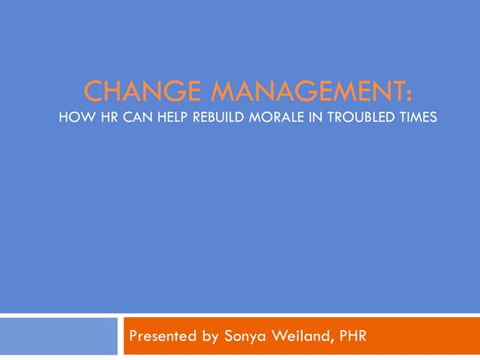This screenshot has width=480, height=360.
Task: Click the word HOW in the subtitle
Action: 73,118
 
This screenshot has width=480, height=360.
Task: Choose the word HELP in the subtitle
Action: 159,118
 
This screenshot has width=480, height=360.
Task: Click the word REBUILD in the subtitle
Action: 204,118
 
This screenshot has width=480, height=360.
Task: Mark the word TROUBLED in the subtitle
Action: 341,118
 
